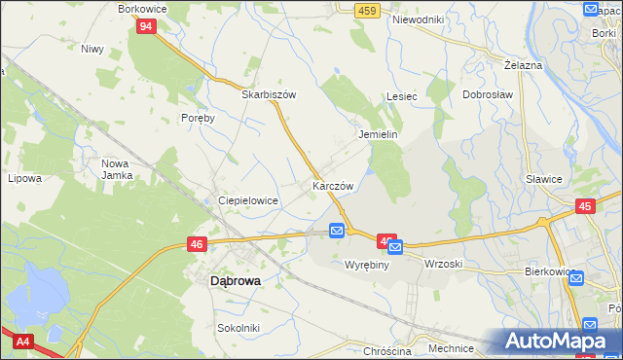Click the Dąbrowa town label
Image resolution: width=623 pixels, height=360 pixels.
coord(235,280)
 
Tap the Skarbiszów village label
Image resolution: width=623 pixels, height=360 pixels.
coord(269,95)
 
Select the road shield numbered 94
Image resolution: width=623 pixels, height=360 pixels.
coord(145,26)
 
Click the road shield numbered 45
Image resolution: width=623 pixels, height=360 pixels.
coord(585,206)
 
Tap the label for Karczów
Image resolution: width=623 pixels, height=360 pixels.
coord(332,185)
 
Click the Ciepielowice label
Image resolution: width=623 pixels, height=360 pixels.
coord(248,200)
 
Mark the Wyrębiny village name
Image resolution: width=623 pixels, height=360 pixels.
coord(367,265)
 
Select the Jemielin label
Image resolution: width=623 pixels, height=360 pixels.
coord(379,135)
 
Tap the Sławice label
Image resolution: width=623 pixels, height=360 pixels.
coord(544,179)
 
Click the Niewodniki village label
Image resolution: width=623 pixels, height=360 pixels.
coord(417,19)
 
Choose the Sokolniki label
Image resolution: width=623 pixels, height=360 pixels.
coord(238,328)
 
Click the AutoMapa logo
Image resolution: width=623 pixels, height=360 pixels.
coord(559,341)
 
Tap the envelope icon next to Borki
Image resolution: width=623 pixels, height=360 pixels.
coord(591,10)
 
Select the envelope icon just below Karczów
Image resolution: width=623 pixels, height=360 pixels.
coord(337,231)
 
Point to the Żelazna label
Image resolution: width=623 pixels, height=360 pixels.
coord(524,64)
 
